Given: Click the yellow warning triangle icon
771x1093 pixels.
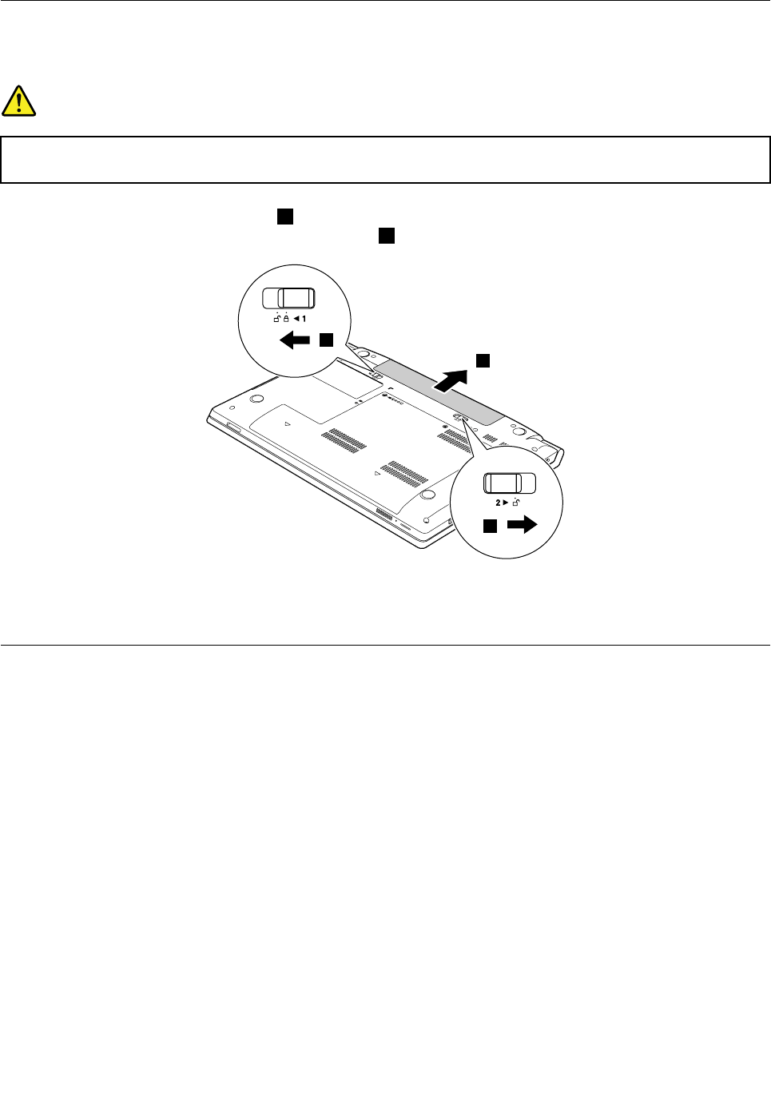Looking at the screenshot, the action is coord(18,101).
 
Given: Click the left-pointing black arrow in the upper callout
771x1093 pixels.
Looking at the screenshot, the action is coord(294,341).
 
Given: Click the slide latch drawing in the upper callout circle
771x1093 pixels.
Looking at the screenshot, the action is coord(289,299).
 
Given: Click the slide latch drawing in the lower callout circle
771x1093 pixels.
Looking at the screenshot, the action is coord(509,483).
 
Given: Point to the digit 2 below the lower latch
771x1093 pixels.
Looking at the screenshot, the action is coord(497,503).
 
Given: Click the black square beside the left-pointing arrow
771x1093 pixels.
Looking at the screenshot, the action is coord(325,340).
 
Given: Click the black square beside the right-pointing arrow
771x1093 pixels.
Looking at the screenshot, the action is coord(490,525).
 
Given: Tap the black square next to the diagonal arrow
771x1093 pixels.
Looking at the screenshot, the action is coord(483,360).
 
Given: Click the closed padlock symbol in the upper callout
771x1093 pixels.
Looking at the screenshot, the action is coord(286,318).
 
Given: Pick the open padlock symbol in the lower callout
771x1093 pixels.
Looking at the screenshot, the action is coord(517,503).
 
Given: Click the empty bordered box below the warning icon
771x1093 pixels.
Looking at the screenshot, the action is coord(385,160).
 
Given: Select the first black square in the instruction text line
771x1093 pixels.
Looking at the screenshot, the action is coord(285,217).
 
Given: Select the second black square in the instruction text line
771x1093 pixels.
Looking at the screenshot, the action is coord(387,235).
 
